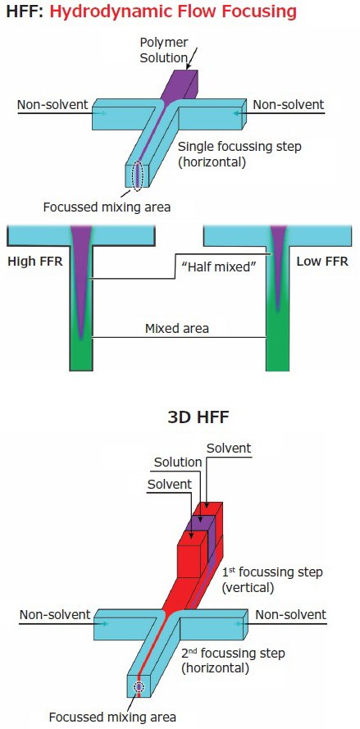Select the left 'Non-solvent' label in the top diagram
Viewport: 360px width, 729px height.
pos(52,104)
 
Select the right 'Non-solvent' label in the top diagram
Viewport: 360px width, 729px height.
pos(288,104)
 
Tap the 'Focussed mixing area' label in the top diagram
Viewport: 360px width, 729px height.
pos(107,207)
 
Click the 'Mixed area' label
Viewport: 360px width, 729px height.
pos(179,328)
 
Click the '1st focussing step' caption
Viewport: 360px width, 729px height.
pos(271,579)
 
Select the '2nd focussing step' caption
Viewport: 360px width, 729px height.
pos(232,660)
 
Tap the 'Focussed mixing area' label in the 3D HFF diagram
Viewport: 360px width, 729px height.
pos(112,717)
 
